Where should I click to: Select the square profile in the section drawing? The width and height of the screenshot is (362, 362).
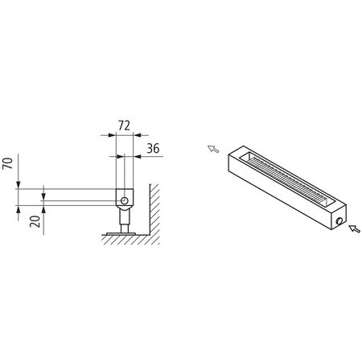[123, 195]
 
